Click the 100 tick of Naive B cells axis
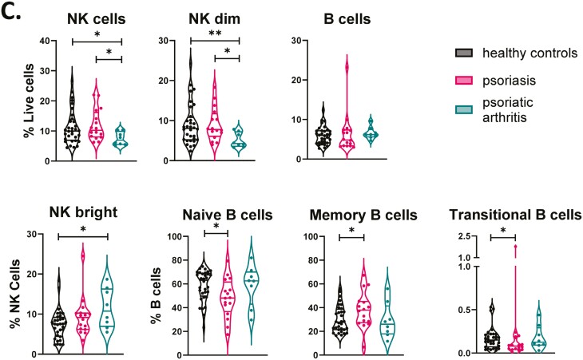click(x=180, y=237)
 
